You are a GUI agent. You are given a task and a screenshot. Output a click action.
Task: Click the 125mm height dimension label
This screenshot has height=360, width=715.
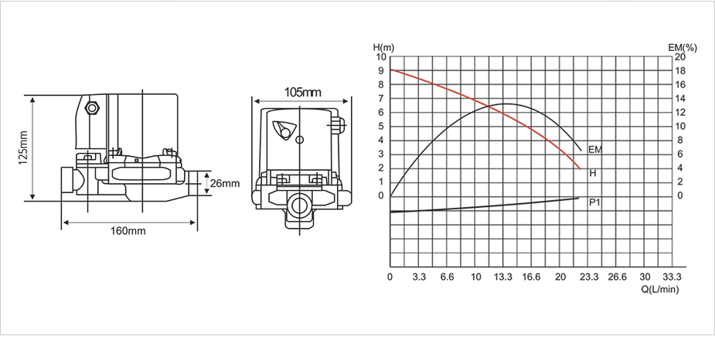[23, 148]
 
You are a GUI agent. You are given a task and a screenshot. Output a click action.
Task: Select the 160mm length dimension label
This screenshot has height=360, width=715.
[128, 231]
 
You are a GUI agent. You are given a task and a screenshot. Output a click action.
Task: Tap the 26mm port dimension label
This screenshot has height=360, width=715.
[224, 184]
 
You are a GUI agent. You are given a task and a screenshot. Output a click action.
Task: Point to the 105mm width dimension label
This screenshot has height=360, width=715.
[303, 93]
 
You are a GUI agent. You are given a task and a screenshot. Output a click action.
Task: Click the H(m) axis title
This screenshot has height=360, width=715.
[383, 47]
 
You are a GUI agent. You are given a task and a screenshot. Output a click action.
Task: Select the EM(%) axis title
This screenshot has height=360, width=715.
[683, 48]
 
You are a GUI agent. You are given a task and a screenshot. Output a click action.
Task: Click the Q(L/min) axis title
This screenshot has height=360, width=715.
[660, 289]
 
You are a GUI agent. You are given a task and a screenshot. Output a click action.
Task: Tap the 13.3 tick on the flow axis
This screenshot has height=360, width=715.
[503, 277]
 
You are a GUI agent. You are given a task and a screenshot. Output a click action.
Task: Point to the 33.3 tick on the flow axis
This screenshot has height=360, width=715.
[672, 277]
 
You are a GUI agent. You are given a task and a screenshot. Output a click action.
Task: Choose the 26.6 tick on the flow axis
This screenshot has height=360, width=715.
[618, 277]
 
